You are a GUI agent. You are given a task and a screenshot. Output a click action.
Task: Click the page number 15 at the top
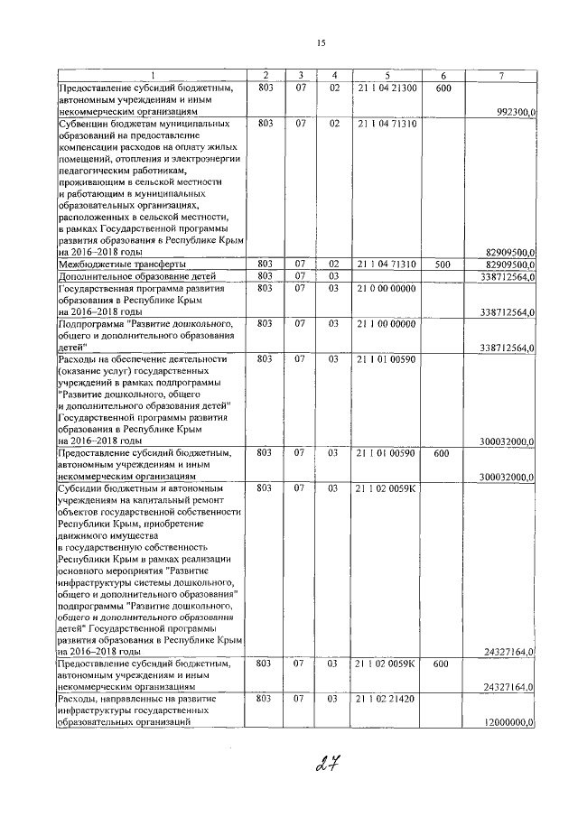tap(321, 44)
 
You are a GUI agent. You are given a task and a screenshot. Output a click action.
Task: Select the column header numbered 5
tap(387, 75)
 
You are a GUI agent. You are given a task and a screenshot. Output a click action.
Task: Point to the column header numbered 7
tap(502, 75)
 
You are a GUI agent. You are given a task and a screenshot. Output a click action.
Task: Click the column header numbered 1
tap(152, 75)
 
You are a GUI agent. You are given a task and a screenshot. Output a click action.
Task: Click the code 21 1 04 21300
tap(387, 88)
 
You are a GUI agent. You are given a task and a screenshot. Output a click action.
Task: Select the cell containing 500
tap(443, 264)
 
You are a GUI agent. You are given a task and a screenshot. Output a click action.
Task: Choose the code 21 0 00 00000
tap(387, 288)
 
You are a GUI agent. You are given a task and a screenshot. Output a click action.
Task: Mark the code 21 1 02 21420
tap(387, 699)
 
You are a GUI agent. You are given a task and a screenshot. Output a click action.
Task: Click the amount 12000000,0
tap(509, 722)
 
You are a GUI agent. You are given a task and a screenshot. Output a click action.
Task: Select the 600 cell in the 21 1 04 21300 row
tap(443, 88)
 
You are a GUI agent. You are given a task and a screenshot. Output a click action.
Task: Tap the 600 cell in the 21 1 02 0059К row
tap(443, 664)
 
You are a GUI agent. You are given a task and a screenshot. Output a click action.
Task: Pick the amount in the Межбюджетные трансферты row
tap(508, 264)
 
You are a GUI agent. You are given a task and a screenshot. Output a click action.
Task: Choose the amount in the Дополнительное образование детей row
tap(508, 275)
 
